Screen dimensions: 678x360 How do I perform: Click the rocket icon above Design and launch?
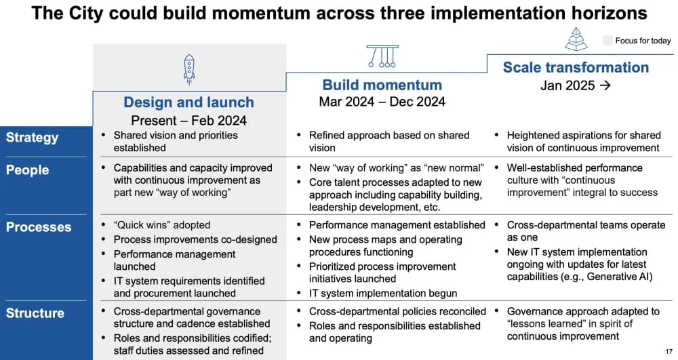(x=189, y=70)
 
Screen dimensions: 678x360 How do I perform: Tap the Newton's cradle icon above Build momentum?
(x=382, y=56)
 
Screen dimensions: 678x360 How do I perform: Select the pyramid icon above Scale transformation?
(x=576, y=39)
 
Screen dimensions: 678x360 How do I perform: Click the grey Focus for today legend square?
(x=607, y=41)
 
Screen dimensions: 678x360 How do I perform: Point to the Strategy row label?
(x=32, y=138)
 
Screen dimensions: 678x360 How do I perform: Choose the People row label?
(x=27, y=170)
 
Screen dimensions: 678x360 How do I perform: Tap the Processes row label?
(x=39, y=227)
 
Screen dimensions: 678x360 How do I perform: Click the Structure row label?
(x=35, y=313)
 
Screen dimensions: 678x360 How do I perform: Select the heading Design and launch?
(x=188, y=102)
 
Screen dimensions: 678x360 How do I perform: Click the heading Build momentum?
(x=382, y=85)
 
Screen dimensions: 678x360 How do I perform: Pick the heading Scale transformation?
(x=576, y=67)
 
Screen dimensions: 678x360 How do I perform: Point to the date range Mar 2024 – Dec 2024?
(x=382, y=102)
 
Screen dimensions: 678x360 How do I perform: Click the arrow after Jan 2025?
(x=605, y=85)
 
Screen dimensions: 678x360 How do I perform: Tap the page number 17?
(x=669, y=352)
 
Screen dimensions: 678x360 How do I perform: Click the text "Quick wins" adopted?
(x=162, y=225)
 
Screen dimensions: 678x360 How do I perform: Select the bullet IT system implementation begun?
(x=382, y=294)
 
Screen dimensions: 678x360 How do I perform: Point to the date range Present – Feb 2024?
(x=189, y=120)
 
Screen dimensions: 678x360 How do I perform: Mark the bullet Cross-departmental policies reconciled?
(x=397, y=312)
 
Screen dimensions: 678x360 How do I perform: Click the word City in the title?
(x=84, y=13)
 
